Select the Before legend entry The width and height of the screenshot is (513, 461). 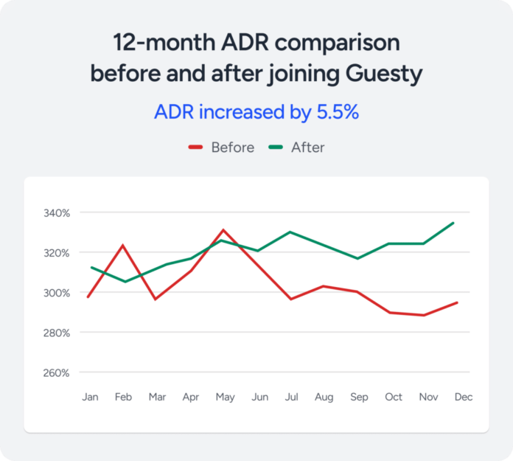point(232,148)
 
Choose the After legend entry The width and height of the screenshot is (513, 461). point(307,148)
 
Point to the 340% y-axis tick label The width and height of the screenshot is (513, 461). point(56,213)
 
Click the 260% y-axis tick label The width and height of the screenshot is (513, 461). point(56,372)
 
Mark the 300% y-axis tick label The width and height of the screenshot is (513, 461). point(56,293)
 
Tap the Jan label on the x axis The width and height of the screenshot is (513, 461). point(90,397)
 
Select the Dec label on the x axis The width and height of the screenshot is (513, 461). point(463,397)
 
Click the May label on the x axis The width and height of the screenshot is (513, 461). point(225,397)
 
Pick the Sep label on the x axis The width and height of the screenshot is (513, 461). point(359,397)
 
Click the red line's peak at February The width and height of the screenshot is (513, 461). point(123,245)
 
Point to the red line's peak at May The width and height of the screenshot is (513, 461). point(224,230)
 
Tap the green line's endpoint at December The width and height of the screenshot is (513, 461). point(453,223)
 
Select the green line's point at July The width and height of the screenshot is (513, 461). point(290,232)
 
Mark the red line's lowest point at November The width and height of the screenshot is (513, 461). point(423,315)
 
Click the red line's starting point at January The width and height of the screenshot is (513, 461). point(88,297)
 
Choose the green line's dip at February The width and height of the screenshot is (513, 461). point(124,281)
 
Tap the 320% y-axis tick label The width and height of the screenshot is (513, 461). point(56,253)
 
